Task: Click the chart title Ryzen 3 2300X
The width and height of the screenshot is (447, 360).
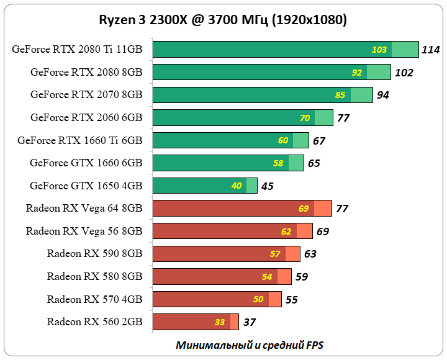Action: point(223,20)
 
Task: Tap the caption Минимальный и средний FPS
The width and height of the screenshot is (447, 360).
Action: point(250,344)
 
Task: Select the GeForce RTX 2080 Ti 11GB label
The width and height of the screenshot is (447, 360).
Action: point(77,50)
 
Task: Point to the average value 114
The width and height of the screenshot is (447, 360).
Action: point(430,50)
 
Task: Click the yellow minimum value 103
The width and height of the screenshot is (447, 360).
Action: point(379,50)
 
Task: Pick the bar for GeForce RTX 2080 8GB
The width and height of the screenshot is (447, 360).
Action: point(271,72)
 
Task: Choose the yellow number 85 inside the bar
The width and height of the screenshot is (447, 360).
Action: point(340,95)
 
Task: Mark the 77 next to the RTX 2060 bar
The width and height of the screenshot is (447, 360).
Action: point(344,118)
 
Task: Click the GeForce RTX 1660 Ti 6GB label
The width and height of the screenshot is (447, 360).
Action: point(80,140)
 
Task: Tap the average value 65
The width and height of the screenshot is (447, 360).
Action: point(314,163)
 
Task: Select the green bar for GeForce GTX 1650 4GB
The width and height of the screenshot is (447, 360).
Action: point(204,186)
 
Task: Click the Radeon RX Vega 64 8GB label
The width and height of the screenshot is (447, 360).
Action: point(84,209)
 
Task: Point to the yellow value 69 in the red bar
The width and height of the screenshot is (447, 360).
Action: point(304,209)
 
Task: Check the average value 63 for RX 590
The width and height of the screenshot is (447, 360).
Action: point(310,254)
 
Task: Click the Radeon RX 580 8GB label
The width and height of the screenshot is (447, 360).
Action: point(94,276)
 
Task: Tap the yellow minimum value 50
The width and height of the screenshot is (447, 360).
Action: point(258,299)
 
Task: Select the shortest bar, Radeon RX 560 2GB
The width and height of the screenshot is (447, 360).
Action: point(195,322)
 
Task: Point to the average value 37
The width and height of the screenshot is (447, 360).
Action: point(250,322)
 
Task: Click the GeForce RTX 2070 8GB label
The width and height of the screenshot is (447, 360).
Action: point(86,95)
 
